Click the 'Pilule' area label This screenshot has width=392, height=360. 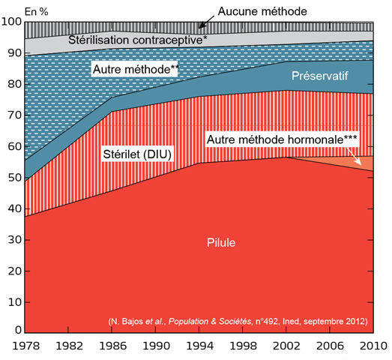point(222,242)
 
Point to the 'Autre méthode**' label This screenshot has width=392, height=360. point(135,69)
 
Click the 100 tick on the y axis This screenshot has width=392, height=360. point(13,22)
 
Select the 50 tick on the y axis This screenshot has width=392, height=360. point(15,177)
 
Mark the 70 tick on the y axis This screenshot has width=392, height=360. point(15,115)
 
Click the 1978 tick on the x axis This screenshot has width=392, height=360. point(25,347)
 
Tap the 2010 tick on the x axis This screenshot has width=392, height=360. point(374,347)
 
